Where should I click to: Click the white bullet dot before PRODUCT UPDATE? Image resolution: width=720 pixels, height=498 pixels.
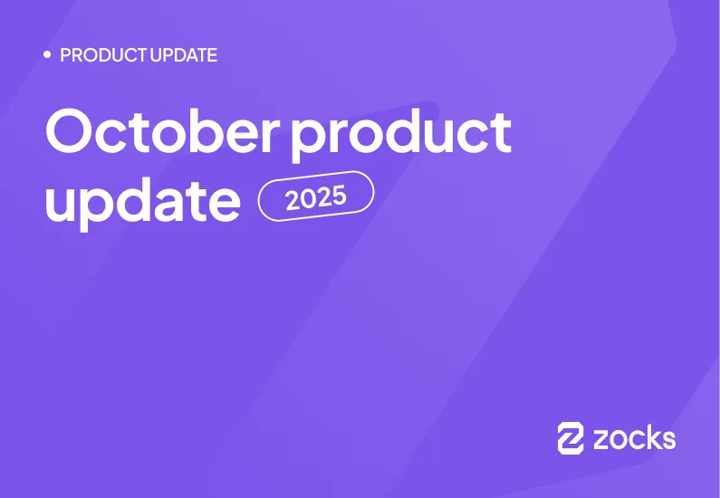[x=47, y=55]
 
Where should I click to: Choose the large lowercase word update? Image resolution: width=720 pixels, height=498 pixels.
[x=142, y=201]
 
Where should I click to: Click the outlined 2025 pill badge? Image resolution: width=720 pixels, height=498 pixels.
[x=316, y=196]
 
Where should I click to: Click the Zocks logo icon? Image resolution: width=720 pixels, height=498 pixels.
[x=571, y=437]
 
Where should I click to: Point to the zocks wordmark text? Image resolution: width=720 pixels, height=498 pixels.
[x=634, y=438]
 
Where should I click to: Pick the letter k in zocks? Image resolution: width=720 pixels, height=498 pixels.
[x=650, y=437]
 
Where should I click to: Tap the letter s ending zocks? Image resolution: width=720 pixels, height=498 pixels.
[x=667, y=440]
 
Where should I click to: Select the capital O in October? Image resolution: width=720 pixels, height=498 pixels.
[x=69, y=132]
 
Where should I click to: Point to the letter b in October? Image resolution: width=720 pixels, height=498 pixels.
[x=199, y=131]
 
